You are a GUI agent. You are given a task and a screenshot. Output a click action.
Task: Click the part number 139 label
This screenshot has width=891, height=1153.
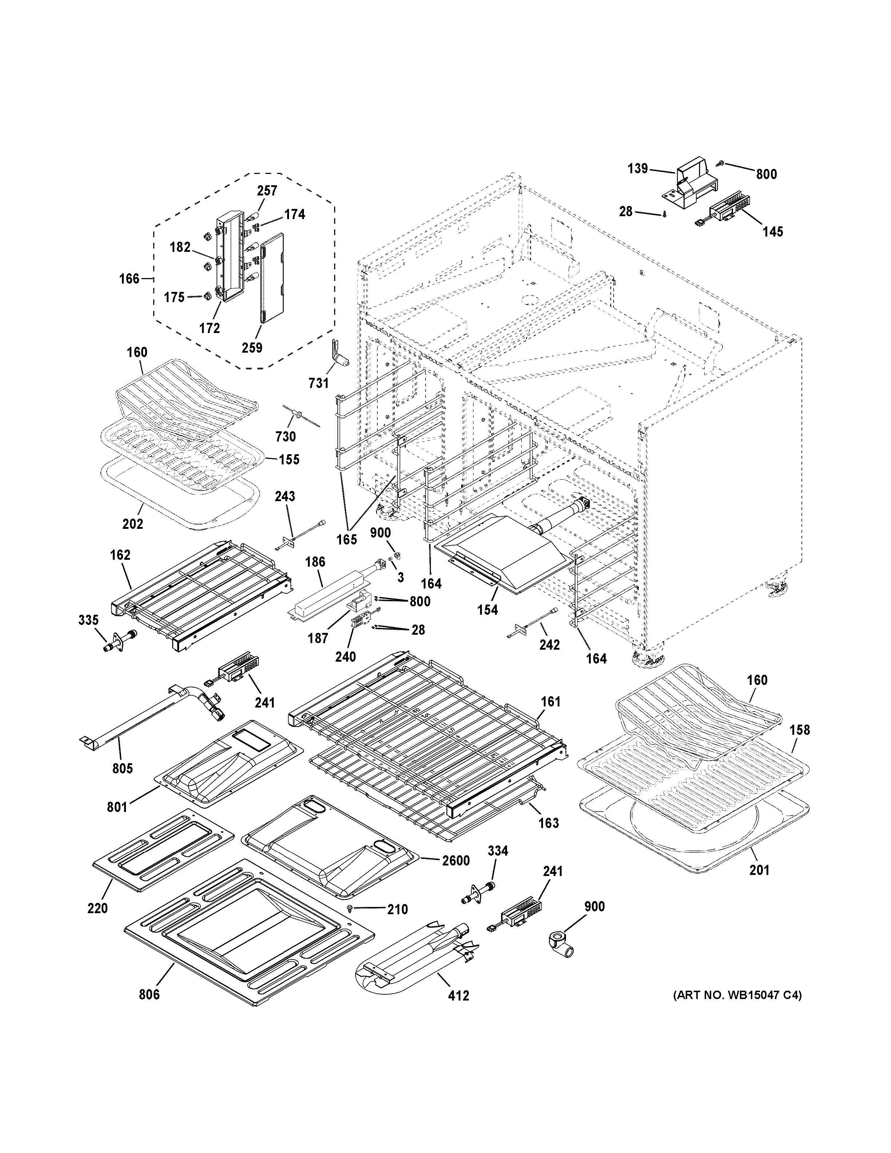click(x=637, y=169)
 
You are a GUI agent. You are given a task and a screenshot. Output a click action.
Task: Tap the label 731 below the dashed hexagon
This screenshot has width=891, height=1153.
click(x=319, y=383)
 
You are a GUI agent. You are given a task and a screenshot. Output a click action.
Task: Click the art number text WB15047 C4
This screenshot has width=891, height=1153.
click(x=737, y=996)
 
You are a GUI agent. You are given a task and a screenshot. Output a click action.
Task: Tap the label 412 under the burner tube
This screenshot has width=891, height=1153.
click(x=458, y=996)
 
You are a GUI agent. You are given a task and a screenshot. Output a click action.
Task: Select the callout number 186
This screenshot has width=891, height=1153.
click(x=315, y=562)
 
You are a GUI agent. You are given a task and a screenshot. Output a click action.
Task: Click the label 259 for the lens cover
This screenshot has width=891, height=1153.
click(x=252, y=348)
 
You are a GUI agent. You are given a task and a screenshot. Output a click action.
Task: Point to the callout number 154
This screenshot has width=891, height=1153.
click(x=487, y=610)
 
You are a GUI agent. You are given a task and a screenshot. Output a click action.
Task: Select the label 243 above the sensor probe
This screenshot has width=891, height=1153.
click(x=285, y=496)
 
